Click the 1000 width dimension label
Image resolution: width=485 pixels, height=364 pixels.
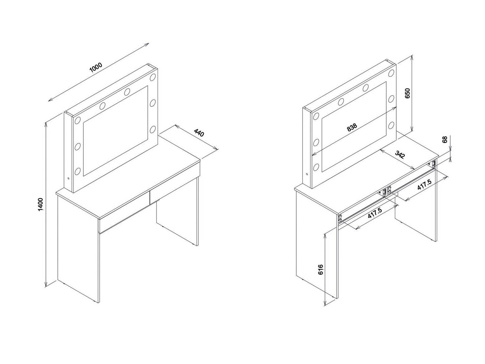[x=96, y=67]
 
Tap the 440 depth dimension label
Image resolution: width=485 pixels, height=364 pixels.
[x=199, y=133]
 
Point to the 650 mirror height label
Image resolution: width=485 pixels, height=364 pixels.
[x=407, y=93]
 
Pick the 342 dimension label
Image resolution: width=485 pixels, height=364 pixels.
[x=400, y=155]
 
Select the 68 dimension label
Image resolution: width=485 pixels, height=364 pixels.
[x=444, y=139]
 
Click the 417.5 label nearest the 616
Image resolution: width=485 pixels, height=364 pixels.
[x=374, y=214]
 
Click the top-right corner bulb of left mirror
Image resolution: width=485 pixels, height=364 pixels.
[x=152, y=77]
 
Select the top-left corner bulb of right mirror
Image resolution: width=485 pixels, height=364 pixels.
[x=316, y=116]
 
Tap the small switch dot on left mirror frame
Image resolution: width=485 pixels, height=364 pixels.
[x=69, y=179]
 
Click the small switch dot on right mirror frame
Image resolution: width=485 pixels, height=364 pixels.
[x=307, y=174]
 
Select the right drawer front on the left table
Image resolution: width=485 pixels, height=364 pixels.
[x=175, y=181]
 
